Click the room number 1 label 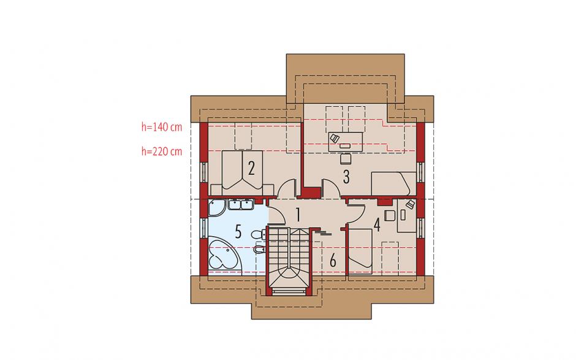coord(298,215)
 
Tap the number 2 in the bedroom coord(251,169)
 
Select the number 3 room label coord(346,177)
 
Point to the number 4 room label coord(376,224)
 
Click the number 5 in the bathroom coord(238,232)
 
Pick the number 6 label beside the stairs coord(333,261)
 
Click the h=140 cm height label coord(162,127)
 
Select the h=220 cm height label coord(162,151)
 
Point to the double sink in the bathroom coord(241,204)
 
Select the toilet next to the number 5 coord(259,234)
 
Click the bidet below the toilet coord(259,250)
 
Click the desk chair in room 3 coord(346,158)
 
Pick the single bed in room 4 coord(360,251)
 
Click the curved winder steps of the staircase coord(289,276)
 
